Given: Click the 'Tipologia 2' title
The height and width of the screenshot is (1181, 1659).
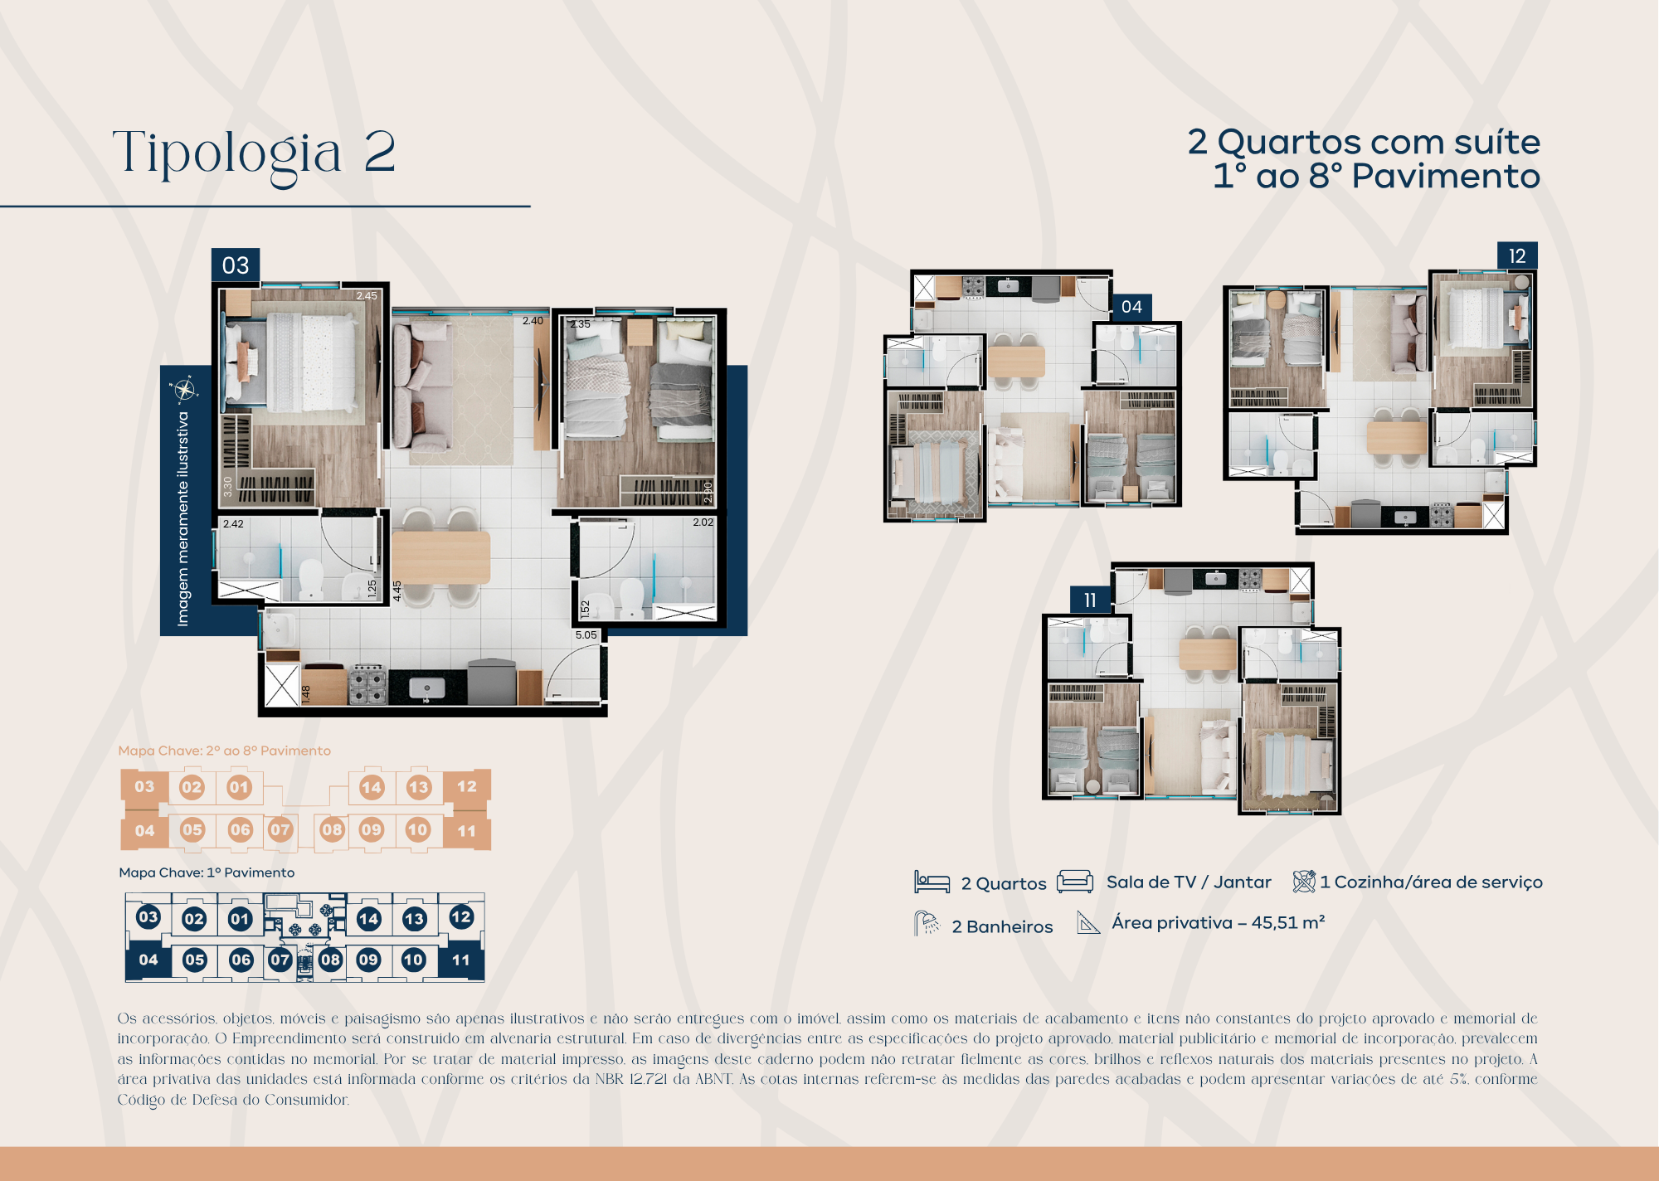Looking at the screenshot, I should tap(254, 153).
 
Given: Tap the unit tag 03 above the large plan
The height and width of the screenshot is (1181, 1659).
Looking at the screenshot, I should tap(236, 265).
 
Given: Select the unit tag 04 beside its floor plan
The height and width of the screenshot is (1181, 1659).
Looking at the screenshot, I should tap(1131, 307).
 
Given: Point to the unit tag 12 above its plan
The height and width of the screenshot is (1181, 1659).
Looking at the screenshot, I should tap(1517, 256).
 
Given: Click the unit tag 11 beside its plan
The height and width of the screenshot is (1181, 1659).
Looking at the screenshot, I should tap(1090, 600).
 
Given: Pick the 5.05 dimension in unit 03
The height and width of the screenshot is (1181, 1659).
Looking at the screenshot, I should tap(586, 635).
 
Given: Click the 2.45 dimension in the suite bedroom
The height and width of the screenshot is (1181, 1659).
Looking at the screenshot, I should tap(367, 296).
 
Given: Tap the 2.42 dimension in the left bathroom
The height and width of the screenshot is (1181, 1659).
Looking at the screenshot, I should tap(233, 524).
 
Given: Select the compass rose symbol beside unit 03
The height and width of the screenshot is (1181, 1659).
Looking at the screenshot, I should tap(183, 389).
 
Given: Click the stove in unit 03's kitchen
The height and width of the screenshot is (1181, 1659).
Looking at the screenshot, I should tap(367, 683).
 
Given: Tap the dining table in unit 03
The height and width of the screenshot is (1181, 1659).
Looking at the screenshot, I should tap(440, 557).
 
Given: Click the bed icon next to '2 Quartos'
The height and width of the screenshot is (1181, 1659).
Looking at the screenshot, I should tap(932, 882).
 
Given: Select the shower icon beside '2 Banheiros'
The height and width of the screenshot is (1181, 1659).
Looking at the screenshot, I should tap(927, 924).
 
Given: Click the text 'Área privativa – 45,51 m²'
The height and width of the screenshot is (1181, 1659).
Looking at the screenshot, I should tap(1218, 923).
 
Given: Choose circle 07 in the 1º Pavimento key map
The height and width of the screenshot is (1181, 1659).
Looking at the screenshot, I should tap(280, 960).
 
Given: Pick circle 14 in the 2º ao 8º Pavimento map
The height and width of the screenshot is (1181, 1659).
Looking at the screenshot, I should tap(371, 787).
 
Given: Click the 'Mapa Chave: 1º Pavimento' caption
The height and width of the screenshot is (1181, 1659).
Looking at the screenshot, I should tap(207, 872).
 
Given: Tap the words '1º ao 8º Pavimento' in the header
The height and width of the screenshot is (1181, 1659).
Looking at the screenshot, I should tap(1376, 177).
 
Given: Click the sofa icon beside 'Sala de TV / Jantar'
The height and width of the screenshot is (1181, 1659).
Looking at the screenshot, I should tap(1075, 882).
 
